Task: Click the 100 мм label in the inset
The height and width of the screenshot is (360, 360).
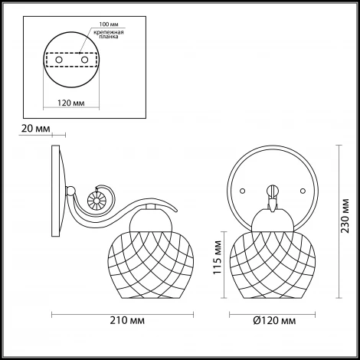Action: point(109,25)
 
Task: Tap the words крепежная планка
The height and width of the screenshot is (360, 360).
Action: point(109,34)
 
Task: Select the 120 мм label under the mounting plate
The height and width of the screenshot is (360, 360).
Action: point(71,103)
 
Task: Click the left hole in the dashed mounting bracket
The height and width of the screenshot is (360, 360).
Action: point(59,60)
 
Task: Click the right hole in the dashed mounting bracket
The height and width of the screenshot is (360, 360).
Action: point(84,60)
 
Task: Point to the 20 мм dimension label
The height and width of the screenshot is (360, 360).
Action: point(35,129)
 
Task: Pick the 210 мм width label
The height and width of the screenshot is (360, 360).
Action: point(127,320)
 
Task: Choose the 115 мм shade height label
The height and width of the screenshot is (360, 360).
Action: point(218,257)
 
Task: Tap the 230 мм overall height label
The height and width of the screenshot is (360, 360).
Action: point(345,216)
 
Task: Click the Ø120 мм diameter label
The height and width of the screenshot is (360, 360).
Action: point(275,320)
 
